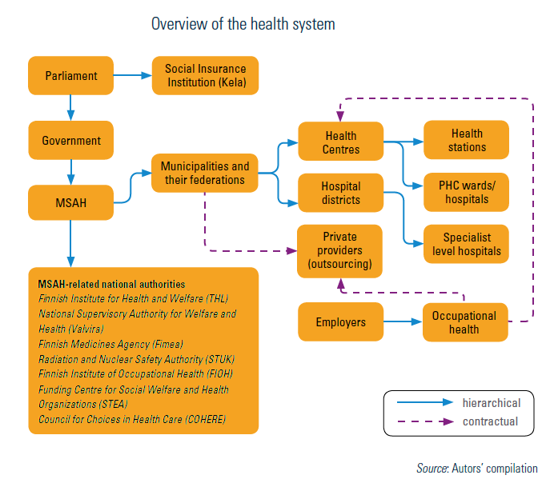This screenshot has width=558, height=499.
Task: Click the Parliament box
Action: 70,76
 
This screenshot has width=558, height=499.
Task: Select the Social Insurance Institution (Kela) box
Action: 206,76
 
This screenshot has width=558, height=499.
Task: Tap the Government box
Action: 70,141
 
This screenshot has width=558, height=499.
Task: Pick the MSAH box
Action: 70,202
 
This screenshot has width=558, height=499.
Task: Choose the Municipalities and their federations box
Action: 204,173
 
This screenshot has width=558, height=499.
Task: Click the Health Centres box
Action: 341,142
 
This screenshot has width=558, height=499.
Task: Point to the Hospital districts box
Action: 341,193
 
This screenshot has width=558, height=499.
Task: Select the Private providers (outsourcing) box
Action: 340,250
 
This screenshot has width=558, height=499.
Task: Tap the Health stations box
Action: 466,141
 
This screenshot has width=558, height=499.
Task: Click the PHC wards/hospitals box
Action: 466,192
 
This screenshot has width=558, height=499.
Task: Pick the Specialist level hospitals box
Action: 466,244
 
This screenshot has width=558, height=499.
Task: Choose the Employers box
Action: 340,322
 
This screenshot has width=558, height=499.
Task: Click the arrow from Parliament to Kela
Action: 132,76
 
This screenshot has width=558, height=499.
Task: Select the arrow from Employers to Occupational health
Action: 403,322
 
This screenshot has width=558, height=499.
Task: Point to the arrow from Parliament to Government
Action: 70,106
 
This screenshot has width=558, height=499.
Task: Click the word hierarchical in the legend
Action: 492,403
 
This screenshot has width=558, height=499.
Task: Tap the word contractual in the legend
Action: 490,421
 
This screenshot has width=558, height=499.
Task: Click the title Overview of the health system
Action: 243,24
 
